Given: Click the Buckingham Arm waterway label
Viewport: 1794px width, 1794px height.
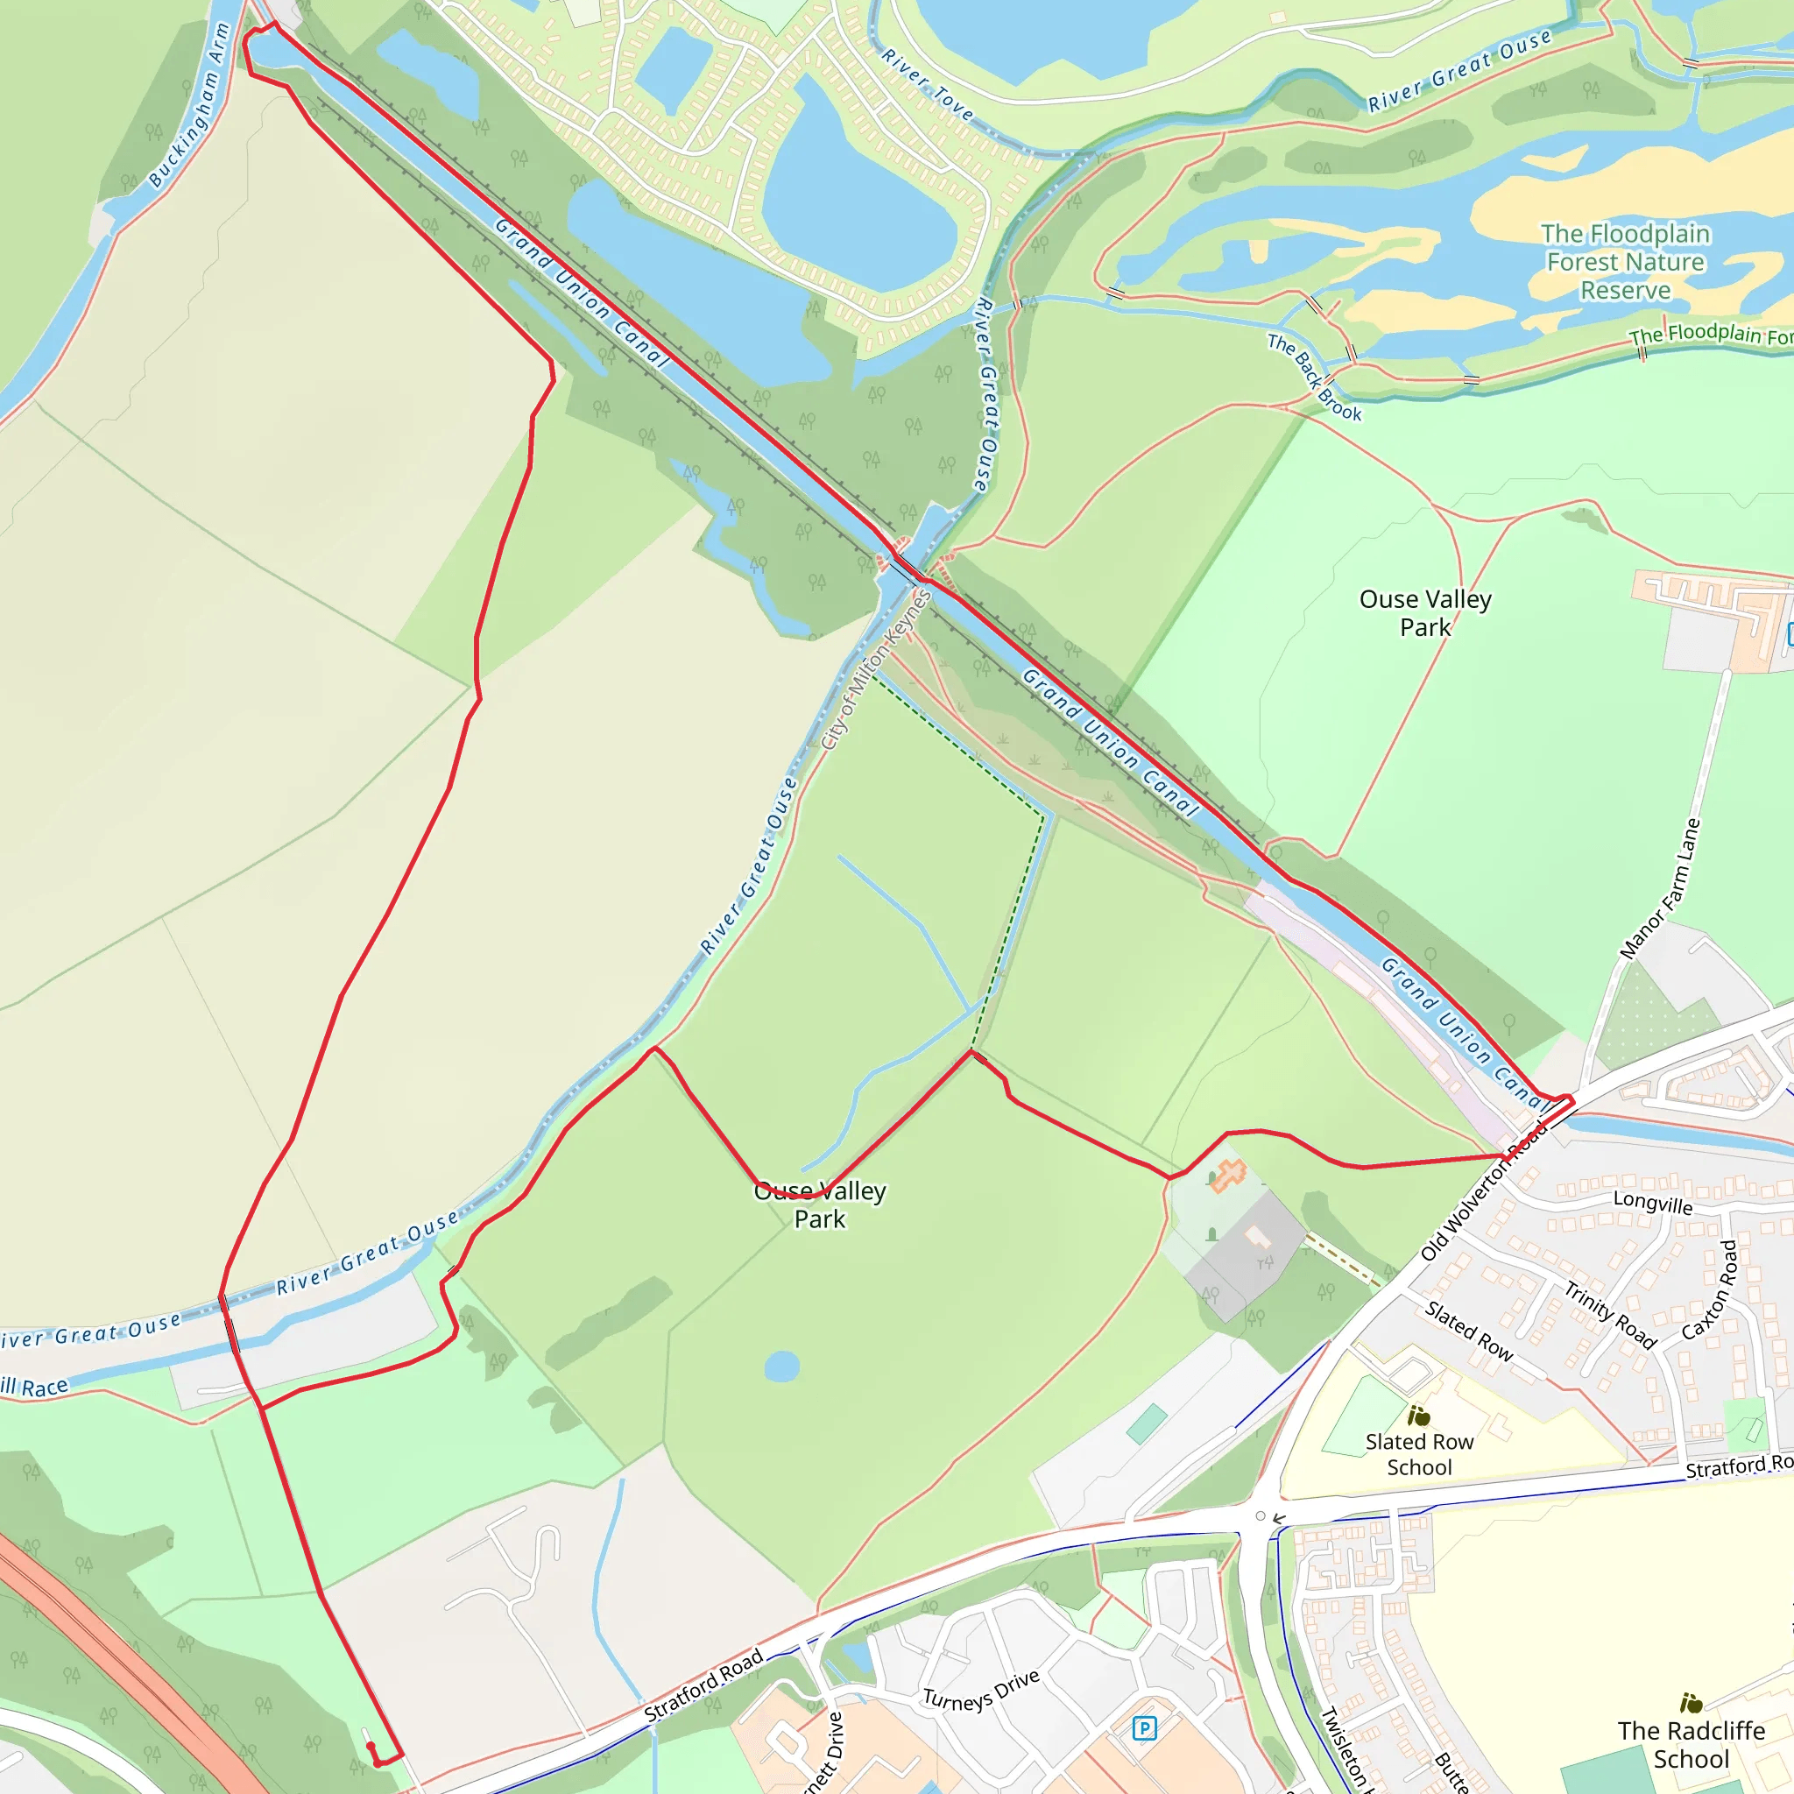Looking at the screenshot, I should pos(188,106).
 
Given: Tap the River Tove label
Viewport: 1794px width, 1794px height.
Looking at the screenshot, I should pos(927,86).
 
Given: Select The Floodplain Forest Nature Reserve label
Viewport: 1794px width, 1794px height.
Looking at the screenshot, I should pos(1625,262).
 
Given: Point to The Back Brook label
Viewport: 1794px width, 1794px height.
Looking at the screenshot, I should pos(1314,377).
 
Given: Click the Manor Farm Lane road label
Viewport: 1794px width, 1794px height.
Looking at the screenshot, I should pos(1660,887).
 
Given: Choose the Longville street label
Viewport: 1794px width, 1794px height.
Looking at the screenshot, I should pos(1653,1204).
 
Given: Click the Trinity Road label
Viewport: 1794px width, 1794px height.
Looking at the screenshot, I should pos(1610,1314).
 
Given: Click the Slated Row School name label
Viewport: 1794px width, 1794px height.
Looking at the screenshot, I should pos(1419,1454).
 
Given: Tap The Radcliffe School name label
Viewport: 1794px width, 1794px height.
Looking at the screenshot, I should pos(1691,1744).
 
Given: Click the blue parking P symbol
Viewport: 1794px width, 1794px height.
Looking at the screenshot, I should pos(1144,1728).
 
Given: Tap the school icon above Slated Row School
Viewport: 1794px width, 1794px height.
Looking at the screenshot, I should pos(1419,1416).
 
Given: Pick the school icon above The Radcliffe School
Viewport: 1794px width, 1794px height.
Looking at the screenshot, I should pos(1691,1703).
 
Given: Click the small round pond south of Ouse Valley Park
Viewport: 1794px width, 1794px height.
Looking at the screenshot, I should pos(782,1366).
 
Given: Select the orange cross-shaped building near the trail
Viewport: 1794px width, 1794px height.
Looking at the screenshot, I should pos(1228,1176).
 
